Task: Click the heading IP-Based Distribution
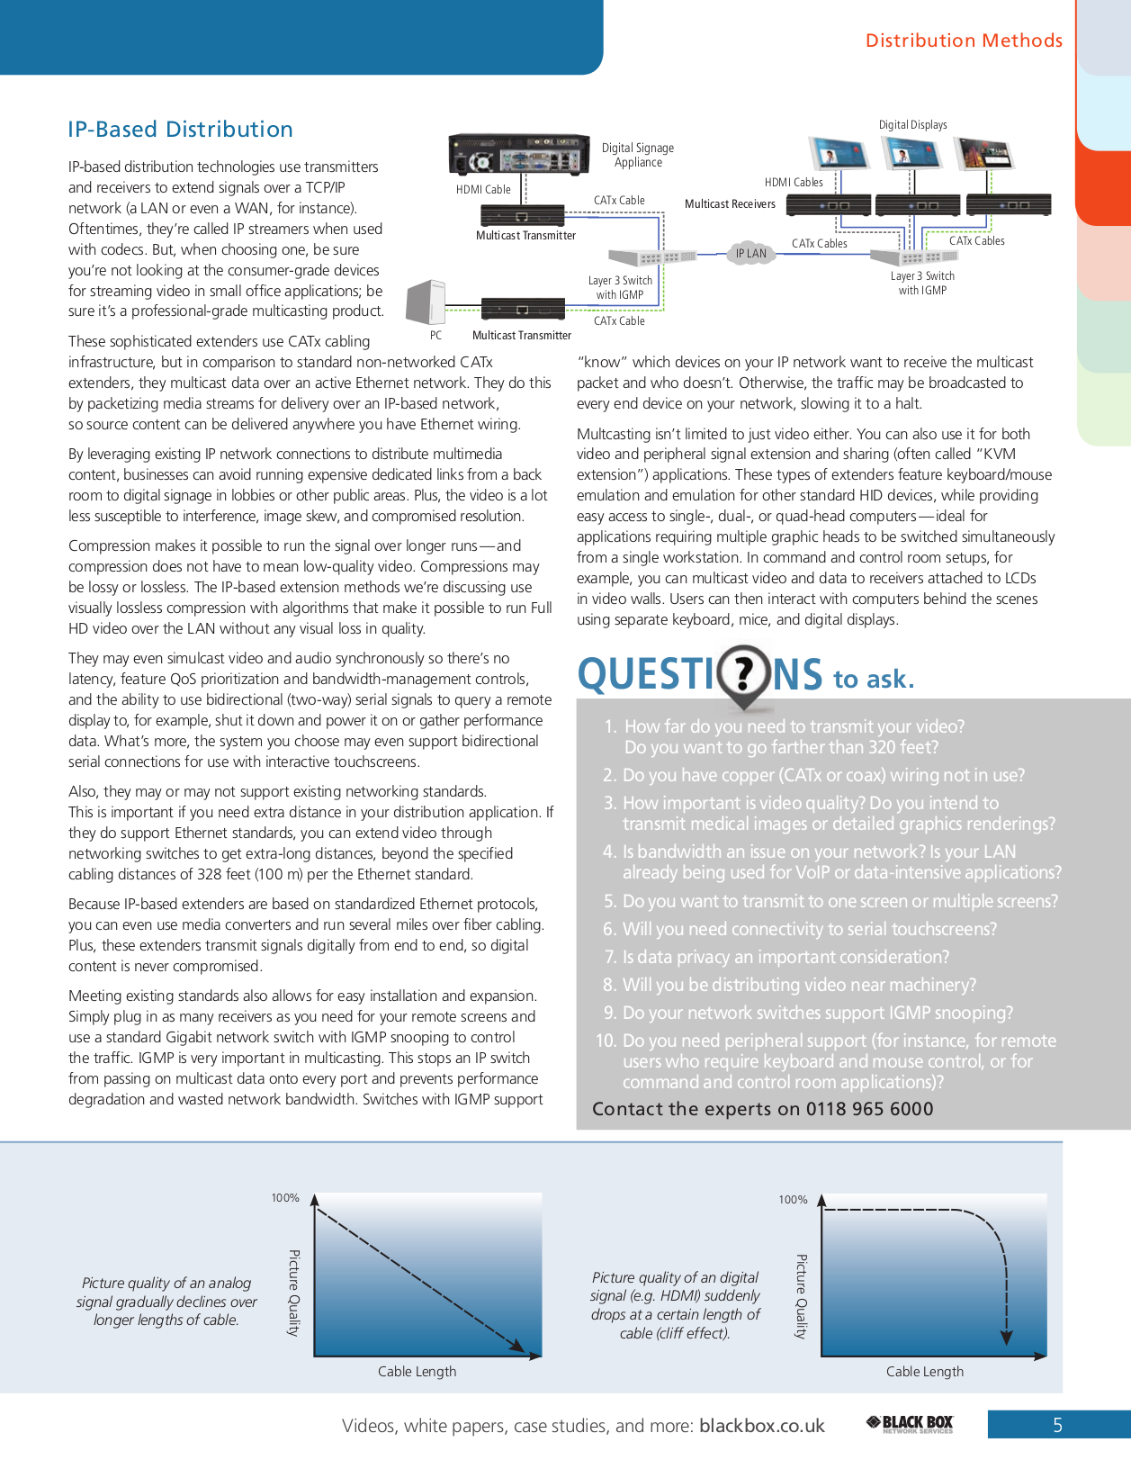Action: coord(180,130)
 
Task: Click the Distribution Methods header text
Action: coord(964,41)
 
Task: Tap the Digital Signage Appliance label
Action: coord(638,155)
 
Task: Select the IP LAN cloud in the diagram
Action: coord(751,253)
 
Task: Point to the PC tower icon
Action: coord(426,302)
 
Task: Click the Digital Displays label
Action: coord(912,125)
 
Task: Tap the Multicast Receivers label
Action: coord(730,204)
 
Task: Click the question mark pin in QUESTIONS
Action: coord(744,672)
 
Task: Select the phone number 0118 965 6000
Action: coord(869,1109)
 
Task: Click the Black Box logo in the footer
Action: coord(910,1424)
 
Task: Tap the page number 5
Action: coord(1058,1425)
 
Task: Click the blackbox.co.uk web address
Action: coord(762,1426)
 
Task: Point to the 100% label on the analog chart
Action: coord(285,1198)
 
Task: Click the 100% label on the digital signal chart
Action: coord(793,1200)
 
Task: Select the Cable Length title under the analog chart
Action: coord(417,1372)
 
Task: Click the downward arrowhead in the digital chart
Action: coord(1007,1338)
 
